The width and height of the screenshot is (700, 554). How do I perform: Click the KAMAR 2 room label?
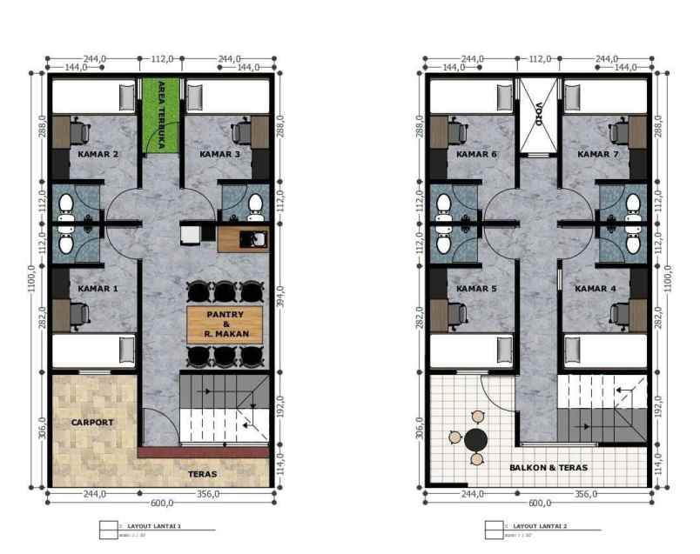[98, 155]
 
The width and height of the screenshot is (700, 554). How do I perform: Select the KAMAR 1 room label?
[98, 289]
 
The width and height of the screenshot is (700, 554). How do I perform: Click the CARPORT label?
[92, 422]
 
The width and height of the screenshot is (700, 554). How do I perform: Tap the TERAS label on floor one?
[202, 474]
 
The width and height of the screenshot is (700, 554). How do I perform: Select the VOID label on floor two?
[538, 117]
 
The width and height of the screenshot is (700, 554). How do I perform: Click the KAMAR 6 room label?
[476, 155]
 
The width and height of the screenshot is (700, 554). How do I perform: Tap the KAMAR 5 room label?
[476, 289]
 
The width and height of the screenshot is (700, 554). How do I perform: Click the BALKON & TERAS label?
[549, 468]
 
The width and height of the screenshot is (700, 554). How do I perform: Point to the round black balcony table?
[475, 439]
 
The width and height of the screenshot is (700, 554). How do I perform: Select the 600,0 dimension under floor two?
[540, 503]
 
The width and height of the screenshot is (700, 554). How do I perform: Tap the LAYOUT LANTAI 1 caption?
[154, 526]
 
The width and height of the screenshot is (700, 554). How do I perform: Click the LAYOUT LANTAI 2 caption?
[540, 526]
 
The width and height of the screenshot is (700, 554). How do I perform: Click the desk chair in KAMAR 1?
[79, 312]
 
